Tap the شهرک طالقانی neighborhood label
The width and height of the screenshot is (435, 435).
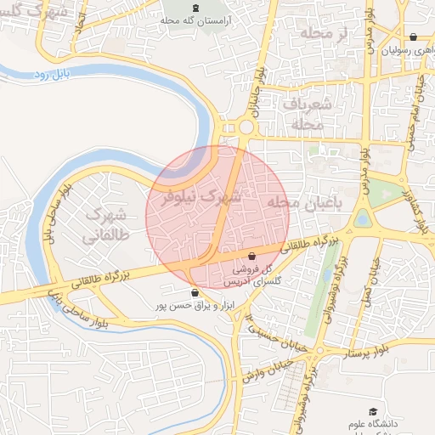105,224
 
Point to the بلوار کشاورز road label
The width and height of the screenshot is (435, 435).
414,208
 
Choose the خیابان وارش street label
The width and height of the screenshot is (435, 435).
260,370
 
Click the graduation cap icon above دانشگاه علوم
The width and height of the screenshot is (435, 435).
371,411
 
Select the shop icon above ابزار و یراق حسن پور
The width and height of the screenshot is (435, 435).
195,293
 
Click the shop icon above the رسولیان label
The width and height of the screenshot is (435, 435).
413,37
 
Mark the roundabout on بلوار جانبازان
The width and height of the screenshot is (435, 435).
246,127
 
